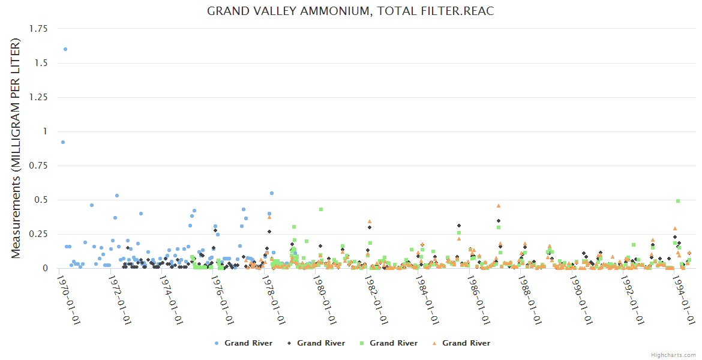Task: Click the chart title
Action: [350, 11]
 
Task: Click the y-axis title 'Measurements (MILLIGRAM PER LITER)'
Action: [16, 148]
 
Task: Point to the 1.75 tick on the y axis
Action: [40, 29]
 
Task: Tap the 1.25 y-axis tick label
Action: [40, 97]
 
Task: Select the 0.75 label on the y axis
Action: [40, 166]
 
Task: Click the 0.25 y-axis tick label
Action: [40, 234]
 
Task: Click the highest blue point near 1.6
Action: [65, 49]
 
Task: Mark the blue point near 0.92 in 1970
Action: [63, 142]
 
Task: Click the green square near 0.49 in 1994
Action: [678, 201]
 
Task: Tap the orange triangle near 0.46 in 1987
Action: [499, 205]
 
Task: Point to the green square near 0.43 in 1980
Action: [321, 209]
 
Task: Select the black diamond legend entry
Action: [316, 343]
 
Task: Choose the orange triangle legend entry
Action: [461, 343]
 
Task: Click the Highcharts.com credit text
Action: [674, 355]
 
